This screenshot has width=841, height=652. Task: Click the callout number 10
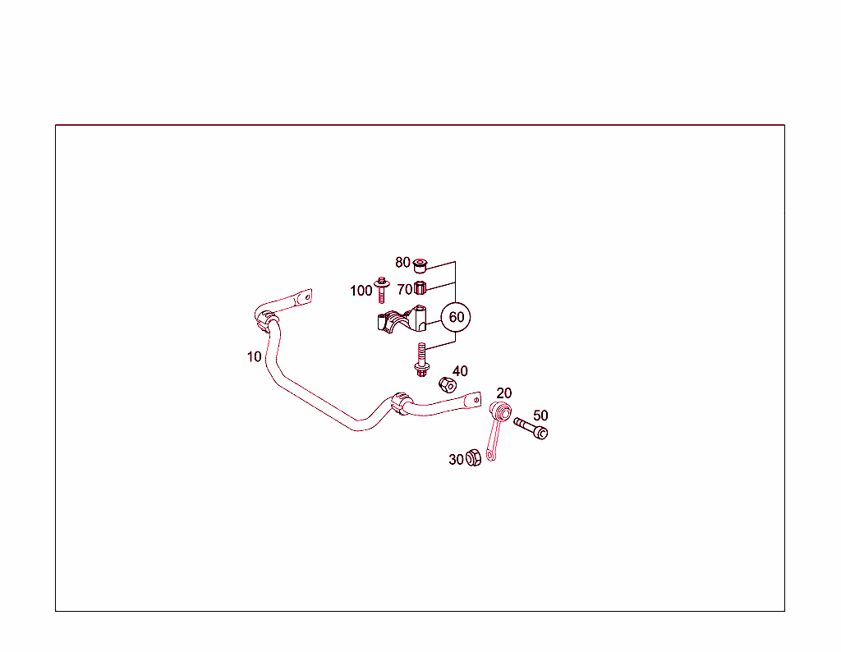255,356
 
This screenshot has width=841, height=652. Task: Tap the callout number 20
504,393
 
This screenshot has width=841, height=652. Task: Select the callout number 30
456,460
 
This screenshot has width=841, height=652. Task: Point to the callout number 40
460,371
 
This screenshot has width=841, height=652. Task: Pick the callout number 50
540,416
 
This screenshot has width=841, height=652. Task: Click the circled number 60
456,317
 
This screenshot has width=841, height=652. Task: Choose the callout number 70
404,290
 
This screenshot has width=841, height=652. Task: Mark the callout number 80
402,262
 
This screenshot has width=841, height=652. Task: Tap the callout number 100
361,291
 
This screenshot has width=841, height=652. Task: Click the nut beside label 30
473,457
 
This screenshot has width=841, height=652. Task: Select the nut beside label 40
448,384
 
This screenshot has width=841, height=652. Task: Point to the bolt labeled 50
531,429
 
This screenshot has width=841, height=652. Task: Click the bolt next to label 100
381,290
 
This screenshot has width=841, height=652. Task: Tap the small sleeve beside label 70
420,288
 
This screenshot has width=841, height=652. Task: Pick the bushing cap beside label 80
420,264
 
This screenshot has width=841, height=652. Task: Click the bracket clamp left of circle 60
402,319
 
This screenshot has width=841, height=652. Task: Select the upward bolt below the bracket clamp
421,360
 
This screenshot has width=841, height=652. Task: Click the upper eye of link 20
502,411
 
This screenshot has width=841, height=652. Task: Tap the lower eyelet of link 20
490,455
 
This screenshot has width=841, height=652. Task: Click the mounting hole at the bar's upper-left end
307,296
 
